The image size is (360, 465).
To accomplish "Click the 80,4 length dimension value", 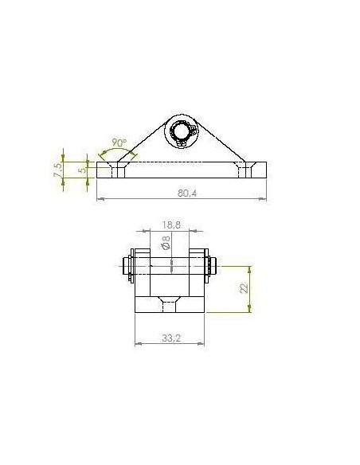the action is coord(187,193).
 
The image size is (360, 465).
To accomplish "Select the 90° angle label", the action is coord(119,143).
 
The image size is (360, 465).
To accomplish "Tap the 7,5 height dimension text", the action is coord(58,170).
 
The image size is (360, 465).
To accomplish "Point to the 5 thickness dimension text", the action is coord(84,170).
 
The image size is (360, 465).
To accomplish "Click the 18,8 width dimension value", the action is coord(171,225).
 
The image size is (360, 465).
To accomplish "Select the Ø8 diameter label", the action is coord(166,242).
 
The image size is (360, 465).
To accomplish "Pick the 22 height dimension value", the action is coord(244,288).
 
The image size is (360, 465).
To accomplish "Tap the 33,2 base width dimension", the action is coord(171,338).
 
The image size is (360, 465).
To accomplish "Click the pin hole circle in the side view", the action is coord(181,131).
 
